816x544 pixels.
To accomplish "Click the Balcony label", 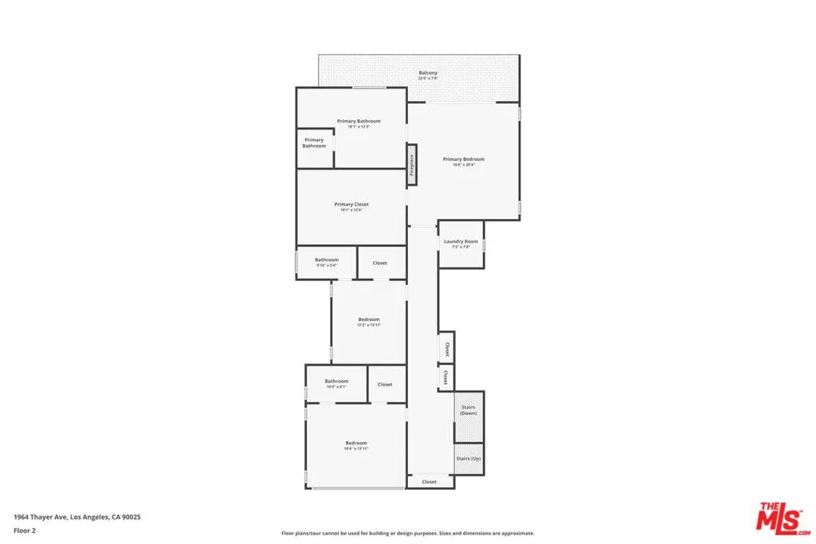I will (428, 73).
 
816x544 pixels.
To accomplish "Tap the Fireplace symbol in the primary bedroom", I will (412, 164).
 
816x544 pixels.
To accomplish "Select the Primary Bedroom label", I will (463, 159).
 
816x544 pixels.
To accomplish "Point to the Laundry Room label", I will (461, 242).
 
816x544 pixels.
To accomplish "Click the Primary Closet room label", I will (351, 205).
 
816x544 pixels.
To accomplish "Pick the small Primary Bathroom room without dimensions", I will (314, 143).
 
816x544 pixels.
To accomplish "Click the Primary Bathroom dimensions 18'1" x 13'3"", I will (359, 127).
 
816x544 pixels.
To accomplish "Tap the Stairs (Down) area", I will (469, 411).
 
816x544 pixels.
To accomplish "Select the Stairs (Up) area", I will (469, 459).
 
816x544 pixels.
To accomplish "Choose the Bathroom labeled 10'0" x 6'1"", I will (336, 383).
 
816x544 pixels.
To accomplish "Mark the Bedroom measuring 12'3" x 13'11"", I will (369, 322).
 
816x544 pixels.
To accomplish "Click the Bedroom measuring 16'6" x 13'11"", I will (356, 445).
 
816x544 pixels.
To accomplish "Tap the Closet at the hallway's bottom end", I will (430, 482).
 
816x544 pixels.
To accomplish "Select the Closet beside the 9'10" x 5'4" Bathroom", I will (380, 263).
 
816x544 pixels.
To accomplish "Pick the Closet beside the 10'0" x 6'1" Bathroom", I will (385, 385).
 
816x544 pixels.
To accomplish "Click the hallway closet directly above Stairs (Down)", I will (445, 377).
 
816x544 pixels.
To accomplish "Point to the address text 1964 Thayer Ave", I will (77, 517).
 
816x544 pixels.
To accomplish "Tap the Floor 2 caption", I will (25, 530).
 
